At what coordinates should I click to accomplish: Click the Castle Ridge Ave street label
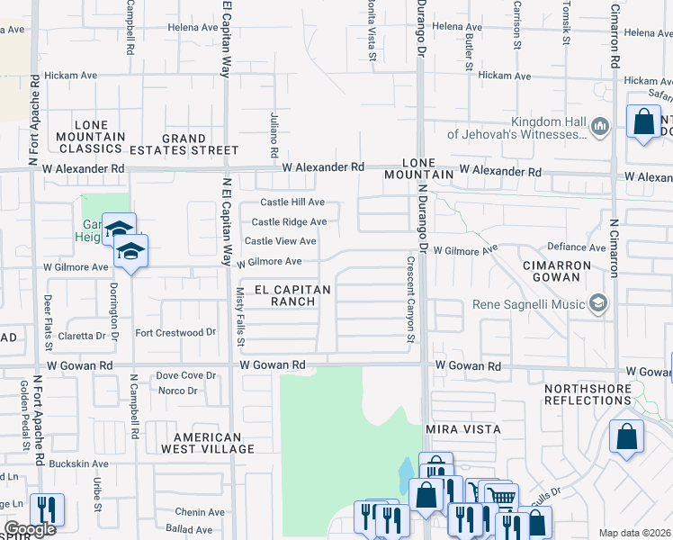click(289, 221)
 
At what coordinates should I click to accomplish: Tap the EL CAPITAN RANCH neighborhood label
click(292, 295)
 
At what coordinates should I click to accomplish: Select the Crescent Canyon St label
click(410, 301)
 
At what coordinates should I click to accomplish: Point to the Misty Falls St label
click(240, 318)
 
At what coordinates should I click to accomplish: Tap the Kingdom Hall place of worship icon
click(601, 129)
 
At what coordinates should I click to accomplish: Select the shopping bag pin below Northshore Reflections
click(626, 436)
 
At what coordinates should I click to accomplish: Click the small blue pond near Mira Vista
click(406, 471)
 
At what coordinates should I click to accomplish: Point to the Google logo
click(29, 528)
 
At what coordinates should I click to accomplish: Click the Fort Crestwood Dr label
click(175, 332)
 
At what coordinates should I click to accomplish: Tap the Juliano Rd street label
click(274, 131)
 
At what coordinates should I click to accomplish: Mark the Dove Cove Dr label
click(186, 375)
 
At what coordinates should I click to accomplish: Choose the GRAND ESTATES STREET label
click(200, 144)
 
